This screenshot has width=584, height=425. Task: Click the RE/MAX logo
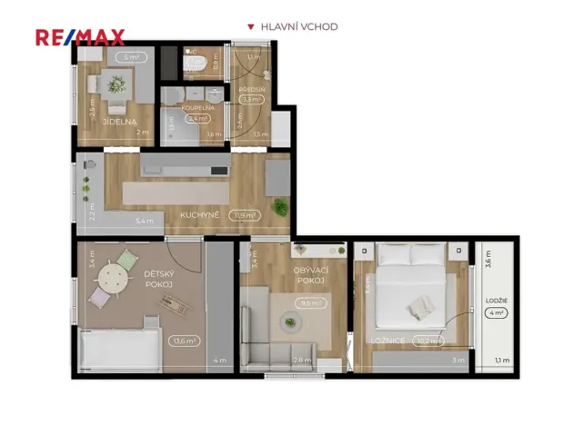point(79,37)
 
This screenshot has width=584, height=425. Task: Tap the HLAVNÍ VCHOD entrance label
point(299,27)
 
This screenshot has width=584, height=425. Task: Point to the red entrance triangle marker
point(251,27)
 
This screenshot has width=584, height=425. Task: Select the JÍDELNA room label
point(119,121)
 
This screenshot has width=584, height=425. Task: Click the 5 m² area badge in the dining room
point(133,57)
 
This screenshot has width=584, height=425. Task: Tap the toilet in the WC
point(195,63)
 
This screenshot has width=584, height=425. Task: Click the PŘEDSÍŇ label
point(252,90)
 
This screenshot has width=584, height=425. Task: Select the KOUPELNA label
point(198,107)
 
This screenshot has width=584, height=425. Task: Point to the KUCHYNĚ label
point(197,215)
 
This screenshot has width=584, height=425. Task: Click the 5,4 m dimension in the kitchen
point(145,221)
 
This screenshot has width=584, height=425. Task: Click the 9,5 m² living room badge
point(312,303)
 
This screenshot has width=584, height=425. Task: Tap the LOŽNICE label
point(382,341)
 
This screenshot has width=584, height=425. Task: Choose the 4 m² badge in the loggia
point(496,313)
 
